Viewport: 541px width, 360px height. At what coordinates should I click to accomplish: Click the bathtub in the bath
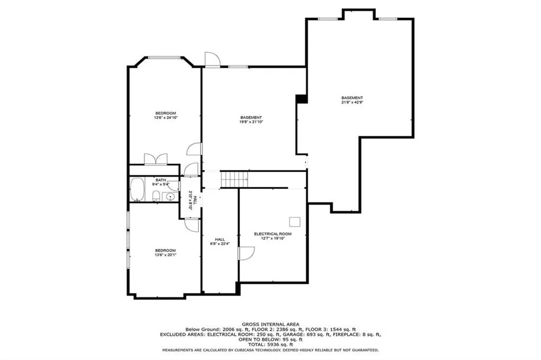pos(137,190)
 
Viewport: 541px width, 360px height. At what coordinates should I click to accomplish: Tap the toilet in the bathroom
pos(156,196)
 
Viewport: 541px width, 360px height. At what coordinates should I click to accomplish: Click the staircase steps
pos(234,179)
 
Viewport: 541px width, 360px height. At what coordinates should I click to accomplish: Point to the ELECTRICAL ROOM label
pos(273,234)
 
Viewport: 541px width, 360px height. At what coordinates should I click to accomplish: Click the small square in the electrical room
pos(294,221)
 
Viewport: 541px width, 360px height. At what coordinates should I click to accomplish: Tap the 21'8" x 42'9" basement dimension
pos(352,102)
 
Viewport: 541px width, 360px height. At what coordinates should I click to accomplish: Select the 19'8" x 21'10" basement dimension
pos(251,122)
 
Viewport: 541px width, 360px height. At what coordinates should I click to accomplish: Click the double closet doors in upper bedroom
pos(156,159)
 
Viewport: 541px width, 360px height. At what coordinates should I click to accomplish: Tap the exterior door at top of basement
pos(211,60)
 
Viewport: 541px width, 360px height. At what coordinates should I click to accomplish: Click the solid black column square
pos(302,99)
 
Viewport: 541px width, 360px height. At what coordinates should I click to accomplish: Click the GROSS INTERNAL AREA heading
pos(270,324)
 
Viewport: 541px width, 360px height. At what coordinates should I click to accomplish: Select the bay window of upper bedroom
pos(164,58)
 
